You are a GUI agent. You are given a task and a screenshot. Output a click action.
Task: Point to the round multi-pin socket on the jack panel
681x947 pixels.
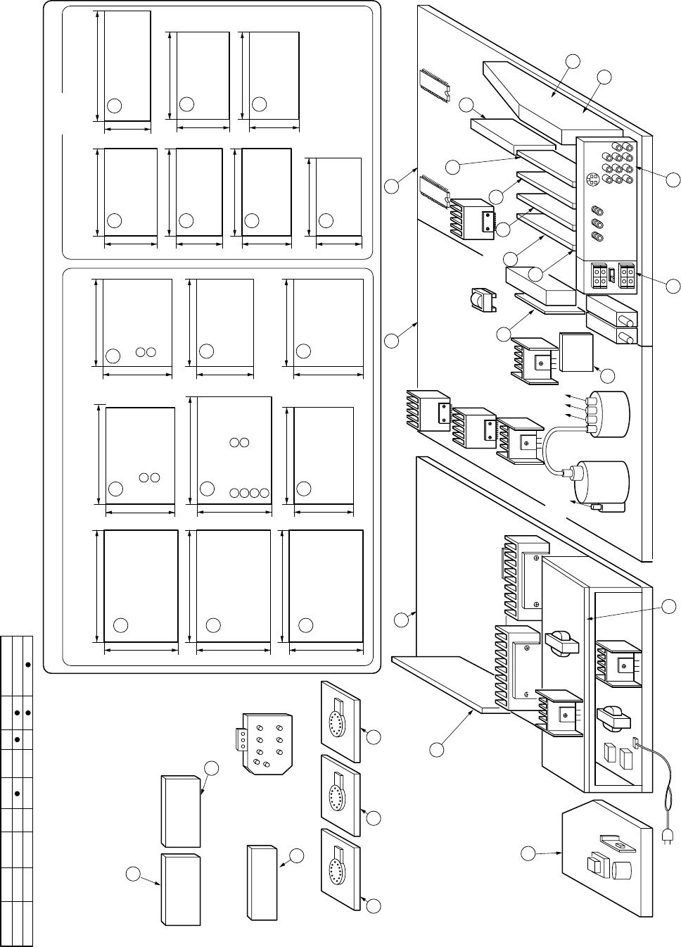(x=592, y=180)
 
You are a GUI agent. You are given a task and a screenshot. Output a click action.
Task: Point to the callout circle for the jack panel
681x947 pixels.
(x=673, y=180)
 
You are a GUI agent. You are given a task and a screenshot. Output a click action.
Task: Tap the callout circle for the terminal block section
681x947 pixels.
(x=673, y=286)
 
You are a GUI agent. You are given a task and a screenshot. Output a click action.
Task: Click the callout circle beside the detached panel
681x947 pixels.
(x=529, y=854)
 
